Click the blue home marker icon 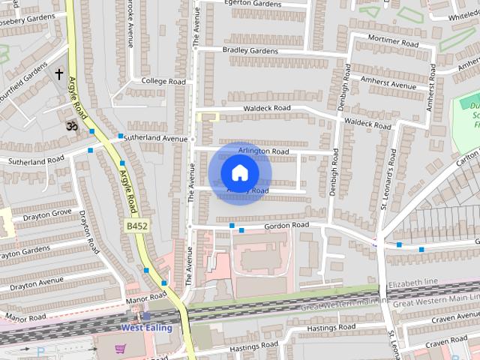tap(238, 173)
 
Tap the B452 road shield tap(136, 225)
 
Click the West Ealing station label tap(147, 328)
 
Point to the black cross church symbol tap(59, 74)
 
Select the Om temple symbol tap(72, 125)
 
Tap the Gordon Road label tap(285, 226)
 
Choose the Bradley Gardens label tap(250, 50)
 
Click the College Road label tap(163, 81)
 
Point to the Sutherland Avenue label tap(155, 139)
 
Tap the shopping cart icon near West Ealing tap(120, 348)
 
